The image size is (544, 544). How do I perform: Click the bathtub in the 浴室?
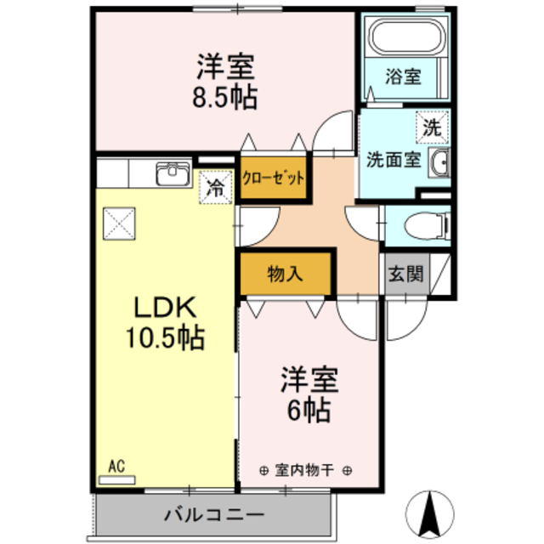[x=407, y=37]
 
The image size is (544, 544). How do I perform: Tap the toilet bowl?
[x=427, y=225]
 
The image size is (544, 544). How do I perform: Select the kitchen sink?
[x=173, y=173]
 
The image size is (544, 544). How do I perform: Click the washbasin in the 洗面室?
[x=439, y=162]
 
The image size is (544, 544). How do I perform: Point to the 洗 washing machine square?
[x=433, y=127]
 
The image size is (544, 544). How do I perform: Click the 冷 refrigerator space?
[x=215, y=188]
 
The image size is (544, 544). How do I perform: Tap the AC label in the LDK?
[x=116, y=467]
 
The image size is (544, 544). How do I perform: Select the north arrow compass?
[x=430, y=514]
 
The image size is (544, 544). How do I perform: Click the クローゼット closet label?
[x=273, y=178]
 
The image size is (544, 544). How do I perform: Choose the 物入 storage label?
[x=286, y=274]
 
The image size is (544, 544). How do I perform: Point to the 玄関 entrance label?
[x=406, y=274]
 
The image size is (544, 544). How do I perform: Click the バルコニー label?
[x=214, y=514]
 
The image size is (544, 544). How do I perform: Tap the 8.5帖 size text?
[x=224, y=97]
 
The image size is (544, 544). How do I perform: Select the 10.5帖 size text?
[x=165, y=337]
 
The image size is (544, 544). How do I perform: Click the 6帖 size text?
[x=309, y=410]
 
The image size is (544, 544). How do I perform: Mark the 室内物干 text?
[x=304, y=470]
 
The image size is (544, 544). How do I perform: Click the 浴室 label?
[x=403, y=76]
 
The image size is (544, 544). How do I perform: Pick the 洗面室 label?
[x=394, y=160]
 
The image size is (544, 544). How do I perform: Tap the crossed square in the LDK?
[x=119, y=224]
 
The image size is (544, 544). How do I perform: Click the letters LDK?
[x=165, y=308]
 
